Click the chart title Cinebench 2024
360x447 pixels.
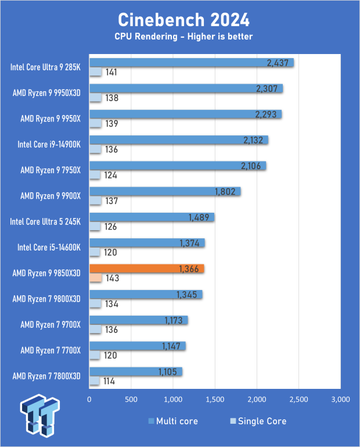click(x=183, y=20)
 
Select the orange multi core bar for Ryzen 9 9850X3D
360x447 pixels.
click(x=146, y=269)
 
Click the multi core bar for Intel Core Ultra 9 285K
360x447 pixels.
click(x=191, y=63)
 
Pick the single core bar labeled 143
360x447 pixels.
click(x=95, y=278)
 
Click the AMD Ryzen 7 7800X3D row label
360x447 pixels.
click(x=47, y=376)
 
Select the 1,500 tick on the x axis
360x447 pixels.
click(x=215, y=399)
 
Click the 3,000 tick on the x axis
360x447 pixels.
click(x=340, y=399)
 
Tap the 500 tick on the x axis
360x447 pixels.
click(x=131, y=399)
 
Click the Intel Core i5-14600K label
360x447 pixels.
click(x=49, y=248)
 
